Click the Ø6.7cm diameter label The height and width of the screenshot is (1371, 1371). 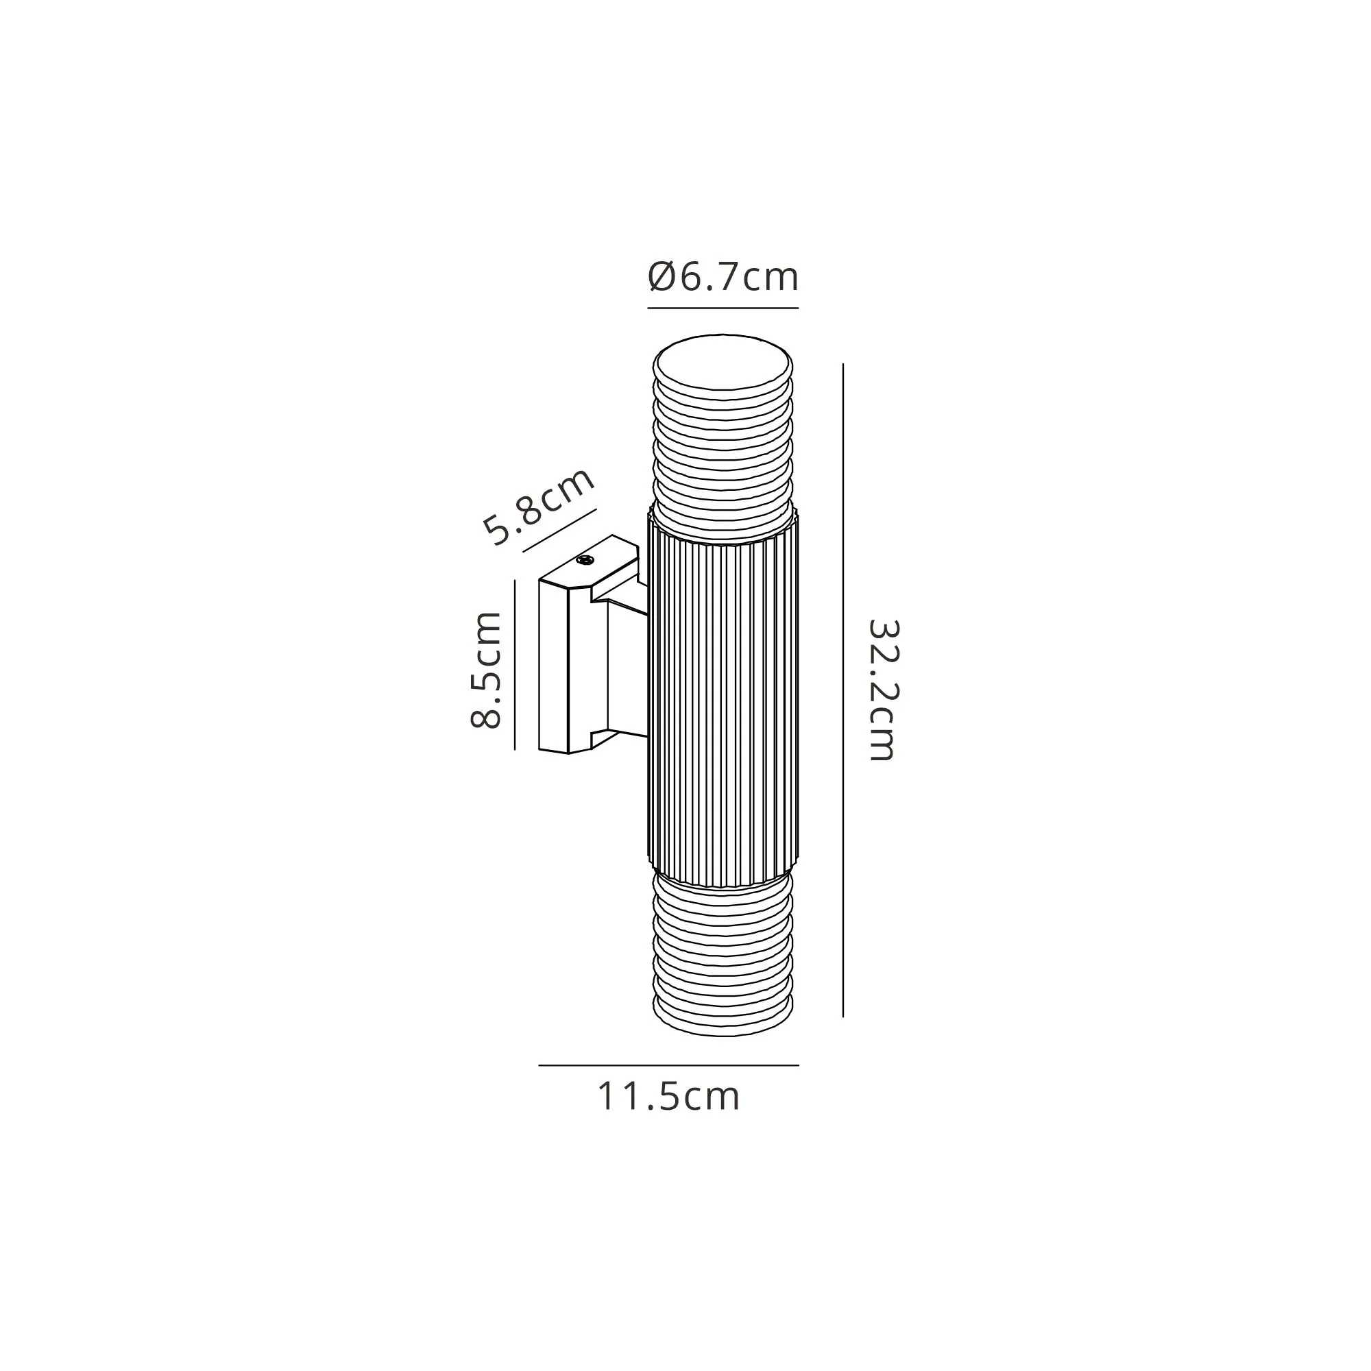click(723, 277)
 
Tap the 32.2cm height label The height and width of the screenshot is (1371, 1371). click(884, 690)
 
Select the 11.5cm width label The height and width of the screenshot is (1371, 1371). click(668, 1096)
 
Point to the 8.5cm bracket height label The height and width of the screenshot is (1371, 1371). click(487, 670)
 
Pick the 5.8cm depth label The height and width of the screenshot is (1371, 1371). click(539, 507)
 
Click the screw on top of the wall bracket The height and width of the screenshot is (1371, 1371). click(585, 561)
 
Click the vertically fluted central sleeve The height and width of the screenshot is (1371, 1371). click(723, 699)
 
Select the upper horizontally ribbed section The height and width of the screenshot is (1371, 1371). click(723, 454)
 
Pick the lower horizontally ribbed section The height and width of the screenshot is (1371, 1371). click(723, 954)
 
